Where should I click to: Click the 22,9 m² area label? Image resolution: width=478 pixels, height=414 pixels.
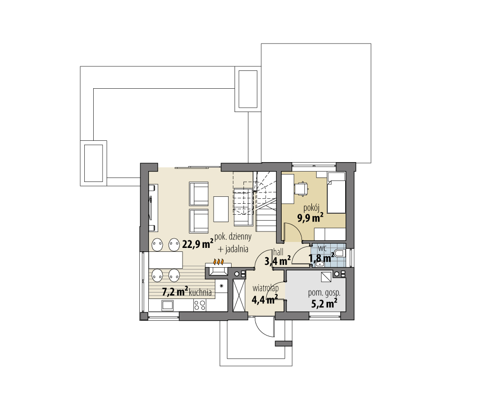(197, 244)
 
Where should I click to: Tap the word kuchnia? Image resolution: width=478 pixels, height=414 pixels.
(200, 292)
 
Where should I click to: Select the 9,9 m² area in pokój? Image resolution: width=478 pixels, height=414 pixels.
(310, 218)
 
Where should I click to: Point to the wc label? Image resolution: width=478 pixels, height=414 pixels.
(322, 248)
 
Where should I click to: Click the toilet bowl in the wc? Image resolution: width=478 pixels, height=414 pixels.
(339, 253)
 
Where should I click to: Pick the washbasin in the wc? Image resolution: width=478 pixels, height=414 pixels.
(319, 264)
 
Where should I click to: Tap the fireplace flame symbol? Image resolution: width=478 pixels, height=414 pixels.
(219, 261)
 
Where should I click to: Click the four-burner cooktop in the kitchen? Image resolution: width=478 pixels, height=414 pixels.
(200, 305)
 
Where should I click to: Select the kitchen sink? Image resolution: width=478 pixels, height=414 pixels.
(168, 305)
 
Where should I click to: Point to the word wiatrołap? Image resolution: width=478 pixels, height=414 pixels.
(265, 288)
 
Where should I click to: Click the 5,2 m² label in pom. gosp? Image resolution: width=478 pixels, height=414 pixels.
(324, 303)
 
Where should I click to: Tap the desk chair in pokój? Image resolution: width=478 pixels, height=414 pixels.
(301, 188)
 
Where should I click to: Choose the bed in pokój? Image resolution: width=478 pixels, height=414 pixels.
(336, 193)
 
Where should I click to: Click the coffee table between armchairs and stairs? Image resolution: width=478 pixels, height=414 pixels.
(221, 209)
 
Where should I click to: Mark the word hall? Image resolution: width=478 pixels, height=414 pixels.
(278, 252)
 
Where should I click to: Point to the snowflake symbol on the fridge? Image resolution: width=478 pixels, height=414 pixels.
(222, 286)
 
